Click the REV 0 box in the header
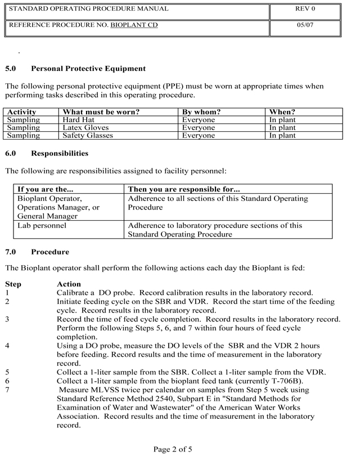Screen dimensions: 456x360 [x=305, y=10]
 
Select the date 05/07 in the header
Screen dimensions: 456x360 [x=305, y=26]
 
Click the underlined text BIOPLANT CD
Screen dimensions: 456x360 [x=134, y=26]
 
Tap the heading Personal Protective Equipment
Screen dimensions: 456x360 [x=88, y=69]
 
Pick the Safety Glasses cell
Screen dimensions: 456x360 [x=88, y=136]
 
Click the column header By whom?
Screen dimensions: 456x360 [x=201, y=112]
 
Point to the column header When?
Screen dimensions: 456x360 [x=282, y=112]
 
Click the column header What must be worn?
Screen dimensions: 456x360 [x=101, y=112]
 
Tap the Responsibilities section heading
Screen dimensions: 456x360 [x=60, y=153]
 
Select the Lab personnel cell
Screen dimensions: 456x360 [x=42, y=225]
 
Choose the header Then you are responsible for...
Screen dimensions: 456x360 [x=184, y=189]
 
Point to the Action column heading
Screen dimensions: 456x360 [x=69, y=284]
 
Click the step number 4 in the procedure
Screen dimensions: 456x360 [x=7, y=339]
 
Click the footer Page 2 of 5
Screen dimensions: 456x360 [x=173, y=449]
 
